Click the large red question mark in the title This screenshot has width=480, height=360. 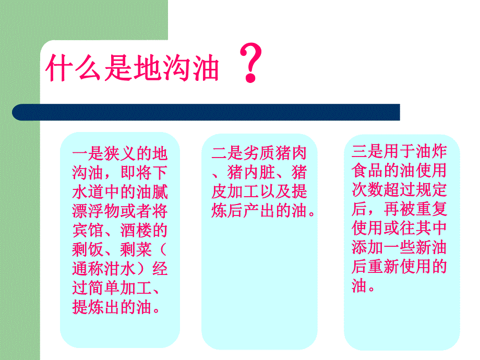(251, 64)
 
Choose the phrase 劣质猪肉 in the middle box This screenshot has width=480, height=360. (275, 154)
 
